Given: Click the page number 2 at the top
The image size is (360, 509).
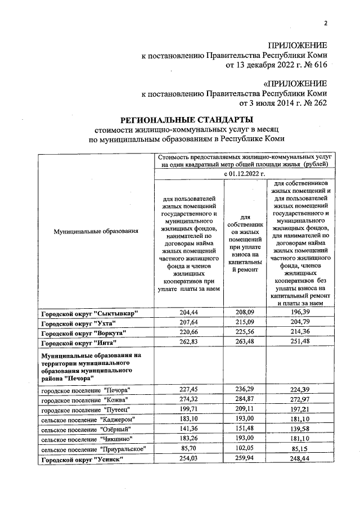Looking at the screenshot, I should pyautogui.click(x=325, y=23).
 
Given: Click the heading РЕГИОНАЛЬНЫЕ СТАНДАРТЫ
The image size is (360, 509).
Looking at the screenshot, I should pyautogui.click(x=187, y=119).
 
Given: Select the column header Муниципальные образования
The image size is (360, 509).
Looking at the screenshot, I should pyautogui.click(x=96, y=231).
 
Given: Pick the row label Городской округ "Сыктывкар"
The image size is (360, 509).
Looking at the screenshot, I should pyautogui.click(x=89, y=313).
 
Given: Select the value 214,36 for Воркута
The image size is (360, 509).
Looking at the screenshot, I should pyautogui.click(x=299, y=332).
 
